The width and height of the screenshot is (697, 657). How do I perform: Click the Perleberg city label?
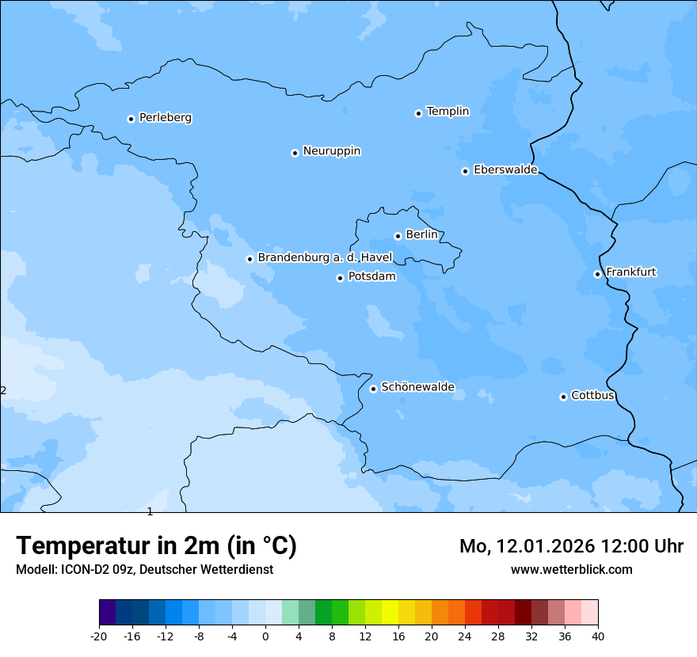click(165, 118)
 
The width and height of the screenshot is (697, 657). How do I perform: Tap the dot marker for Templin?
click(418, 113)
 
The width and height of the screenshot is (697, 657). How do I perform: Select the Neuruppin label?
click(331, 151)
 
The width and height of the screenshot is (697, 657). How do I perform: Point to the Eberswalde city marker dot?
click(465, 171)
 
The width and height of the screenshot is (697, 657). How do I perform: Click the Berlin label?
click(421, 235)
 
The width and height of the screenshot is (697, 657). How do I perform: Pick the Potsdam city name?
click(371, 277)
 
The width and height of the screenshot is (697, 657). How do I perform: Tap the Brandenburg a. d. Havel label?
click(325, 258)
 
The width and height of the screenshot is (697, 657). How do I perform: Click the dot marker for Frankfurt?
click(597, 274)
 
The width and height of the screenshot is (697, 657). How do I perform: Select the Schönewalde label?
click(417, 387)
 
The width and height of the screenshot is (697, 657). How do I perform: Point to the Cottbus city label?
click(592, 395)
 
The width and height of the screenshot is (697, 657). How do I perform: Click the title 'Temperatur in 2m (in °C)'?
click(156, 546)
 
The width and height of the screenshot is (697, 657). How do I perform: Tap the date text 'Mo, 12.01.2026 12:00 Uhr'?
click(571, 546)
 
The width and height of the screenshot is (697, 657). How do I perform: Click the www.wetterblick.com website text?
click(571, 569)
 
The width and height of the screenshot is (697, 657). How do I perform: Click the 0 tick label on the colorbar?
click(265, 636)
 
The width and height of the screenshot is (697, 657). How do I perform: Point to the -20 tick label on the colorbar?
click(99, 636)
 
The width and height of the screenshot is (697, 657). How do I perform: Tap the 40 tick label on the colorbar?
click(598, 636)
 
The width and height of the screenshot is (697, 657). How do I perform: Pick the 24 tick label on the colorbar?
click(465, 636)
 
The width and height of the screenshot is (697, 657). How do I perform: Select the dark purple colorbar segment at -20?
click(108, 613)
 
